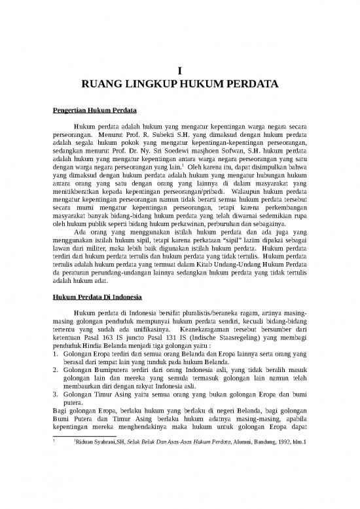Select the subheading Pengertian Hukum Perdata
coord(94,109)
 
